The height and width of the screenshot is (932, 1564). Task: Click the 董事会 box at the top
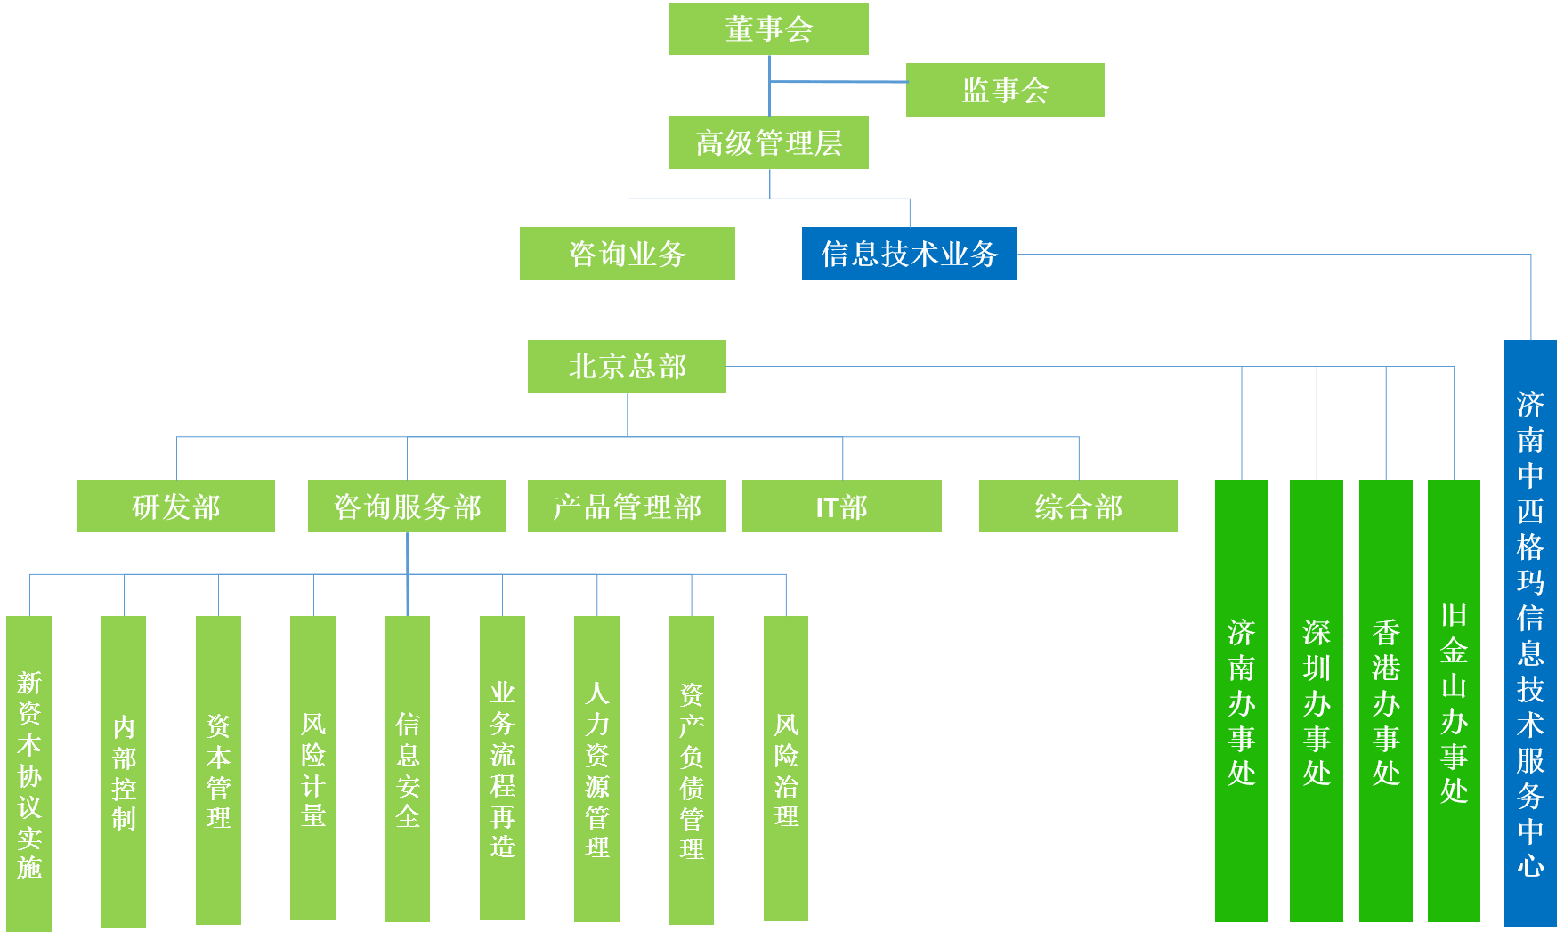pyautogui.click(x=768, y=28)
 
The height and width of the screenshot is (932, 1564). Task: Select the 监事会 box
pyautogui.click(x=1005, y=90)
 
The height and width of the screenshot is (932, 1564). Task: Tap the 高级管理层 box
pyautogui.click(x=768, y=142)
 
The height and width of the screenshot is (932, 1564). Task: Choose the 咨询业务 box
pyautogui.click(x=627, y=254)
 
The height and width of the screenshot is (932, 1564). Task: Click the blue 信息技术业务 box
pyautogui.click(x=909, y=254)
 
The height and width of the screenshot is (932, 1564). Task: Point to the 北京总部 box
pyautogui.click(x=627, y=366)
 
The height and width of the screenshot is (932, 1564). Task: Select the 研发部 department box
pyautogui.click(x=175, y=507)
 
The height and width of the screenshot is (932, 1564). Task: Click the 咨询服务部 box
pyautogui.click(x=407, y=507)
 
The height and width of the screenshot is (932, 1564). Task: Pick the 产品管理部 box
pyautogui.click(x=627, y=507)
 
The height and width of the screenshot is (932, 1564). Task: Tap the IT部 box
pyautogui.click(x=841, y=507)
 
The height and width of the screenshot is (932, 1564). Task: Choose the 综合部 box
pyautogui.click(x=1078, y=507)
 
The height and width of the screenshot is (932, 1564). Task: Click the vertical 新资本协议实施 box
pyautogui.click(x=29, y=773)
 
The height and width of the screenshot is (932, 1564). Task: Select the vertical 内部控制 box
pyautogui.click(x=124, y=771)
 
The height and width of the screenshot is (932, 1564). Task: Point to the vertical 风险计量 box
pyautogui.click(x=312, y=767)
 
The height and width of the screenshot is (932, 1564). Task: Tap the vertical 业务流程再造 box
pyautogui.click(x=502, y=767)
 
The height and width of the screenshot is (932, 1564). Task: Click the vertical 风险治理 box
pyautogui.click(x=786, y=767)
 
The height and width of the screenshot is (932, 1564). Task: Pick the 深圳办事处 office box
pyautogui.click(x=1316, y=701)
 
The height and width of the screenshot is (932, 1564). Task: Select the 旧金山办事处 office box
pyautogui.click(x=1454, y=701)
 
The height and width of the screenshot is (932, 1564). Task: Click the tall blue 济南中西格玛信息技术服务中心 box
pyautogui.click(x=1530, y=632)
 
